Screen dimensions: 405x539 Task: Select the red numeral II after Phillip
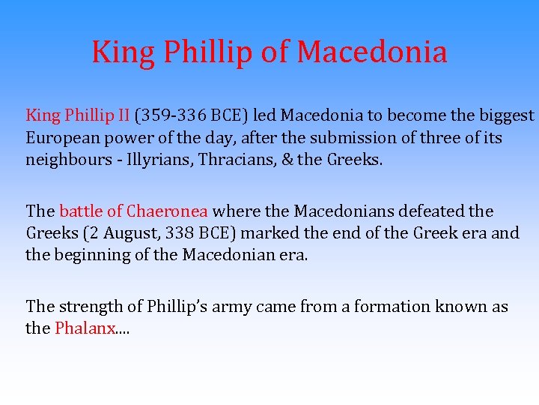point(123,115)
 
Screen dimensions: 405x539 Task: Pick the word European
point(59,138)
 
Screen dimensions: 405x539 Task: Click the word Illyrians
point(152,160)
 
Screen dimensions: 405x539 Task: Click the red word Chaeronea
point(169,211)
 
